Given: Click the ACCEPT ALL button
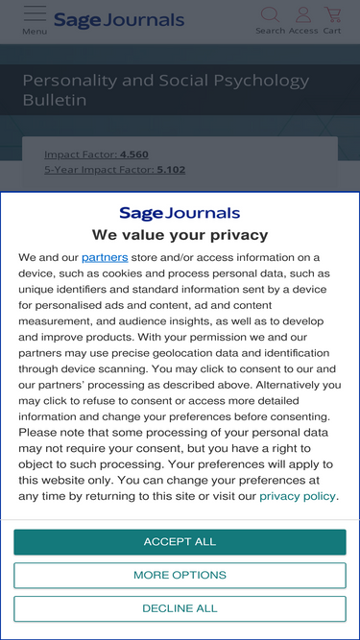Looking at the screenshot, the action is (180, 542).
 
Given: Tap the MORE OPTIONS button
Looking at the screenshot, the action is (180, 576).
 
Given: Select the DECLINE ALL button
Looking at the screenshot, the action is (180, 608).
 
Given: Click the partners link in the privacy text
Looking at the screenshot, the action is (105, 257).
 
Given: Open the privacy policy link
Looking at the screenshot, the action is (298, 496).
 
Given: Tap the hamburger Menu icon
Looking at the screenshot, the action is (35, 13).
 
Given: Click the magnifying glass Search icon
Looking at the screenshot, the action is (270, 14).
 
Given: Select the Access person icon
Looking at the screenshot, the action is (303, 14).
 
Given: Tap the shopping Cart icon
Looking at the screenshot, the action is (332, 14).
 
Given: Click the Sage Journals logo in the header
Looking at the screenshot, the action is (118, 20).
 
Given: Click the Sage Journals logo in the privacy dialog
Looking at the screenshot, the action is (180, 213).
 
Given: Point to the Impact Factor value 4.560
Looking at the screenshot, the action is (134, 154).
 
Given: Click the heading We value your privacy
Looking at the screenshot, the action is (180, 235).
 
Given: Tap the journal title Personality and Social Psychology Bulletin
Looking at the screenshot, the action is (165, 90).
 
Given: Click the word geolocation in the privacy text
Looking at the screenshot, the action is (210, 353).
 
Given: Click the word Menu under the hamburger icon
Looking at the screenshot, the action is (35, 32).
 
